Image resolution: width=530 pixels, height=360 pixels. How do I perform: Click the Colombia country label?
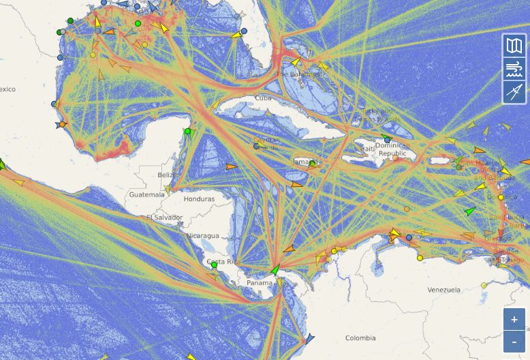(x=360, y=338)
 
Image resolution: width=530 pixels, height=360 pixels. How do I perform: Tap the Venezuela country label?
(x=443, y=290)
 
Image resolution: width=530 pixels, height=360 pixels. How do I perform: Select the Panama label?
(x=259, y=283)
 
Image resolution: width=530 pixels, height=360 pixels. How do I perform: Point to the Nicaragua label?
(x=203, y=236)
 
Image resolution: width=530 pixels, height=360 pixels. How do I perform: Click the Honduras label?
(x=199, y=199)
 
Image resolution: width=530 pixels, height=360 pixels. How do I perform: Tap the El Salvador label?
(x=164, y=217)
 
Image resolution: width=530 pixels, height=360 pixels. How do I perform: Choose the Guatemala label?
(x=147, y=194)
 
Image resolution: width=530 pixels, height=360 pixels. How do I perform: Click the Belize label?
(x=168, y=175)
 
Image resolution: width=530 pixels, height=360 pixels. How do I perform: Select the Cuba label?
(x=263, y=97)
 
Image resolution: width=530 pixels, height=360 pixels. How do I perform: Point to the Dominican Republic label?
(x=392, y=149)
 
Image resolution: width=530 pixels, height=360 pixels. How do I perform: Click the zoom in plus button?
(x=514, y=319)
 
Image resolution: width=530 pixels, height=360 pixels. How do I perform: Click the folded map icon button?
(x=514, y=46)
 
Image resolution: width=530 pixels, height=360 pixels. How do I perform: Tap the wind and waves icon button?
(x=514, y=69)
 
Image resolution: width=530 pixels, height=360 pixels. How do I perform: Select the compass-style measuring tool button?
(x=514, y=92)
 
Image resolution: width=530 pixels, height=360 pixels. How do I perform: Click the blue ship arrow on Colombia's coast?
(x=310, y=338)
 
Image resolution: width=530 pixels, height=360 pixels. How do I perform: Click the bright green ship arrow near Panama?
(x=275, y=270)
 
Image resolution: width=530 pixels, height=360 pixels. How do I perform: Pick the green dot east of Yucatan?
(x=188, y=132)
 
